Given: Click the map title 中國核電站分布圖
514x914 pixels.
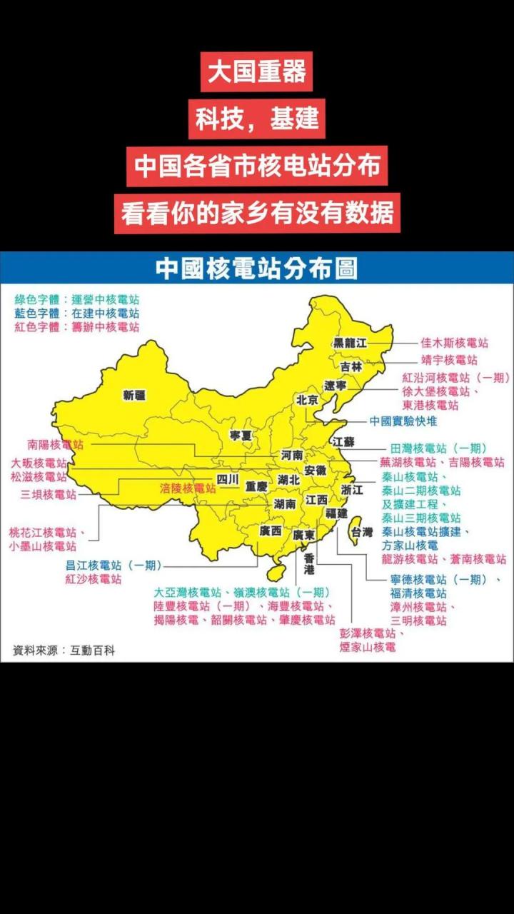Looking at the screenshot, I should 256,268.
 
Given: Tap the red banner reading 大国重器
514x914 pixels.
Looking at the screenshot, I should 256,71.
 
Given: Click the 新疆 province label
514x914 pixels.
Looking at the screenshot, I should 133,395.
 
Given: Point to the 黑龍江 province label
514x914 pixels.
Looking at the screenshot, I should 350,343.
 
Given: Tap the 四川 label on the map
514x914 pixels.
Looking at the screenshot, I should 228,480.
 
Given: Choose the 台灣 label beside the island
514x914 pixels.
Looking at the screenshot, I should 361,532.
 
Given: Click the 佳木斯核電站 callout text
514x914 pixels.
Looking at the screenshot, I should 454,343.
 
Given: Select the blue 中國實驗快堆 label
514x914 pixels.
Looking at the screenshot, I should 403,421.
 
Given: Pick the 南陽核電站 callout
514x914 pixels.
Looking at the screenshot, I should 56,444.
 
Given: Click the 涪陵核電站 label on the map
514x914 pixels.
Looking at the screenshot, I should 188,488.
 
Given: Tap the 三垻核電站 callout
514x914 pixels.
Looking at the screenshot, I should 48,494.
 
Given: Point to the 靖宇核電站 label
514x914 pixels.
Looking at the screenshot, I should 449,360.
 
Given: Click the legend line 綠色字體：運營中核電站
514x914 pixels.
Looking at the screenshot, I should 77,299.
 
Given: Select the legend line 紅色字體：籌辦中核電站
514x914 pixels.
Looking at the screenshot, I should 77,327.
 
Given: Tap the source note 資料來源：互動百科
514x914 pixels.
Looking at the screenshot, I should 64,651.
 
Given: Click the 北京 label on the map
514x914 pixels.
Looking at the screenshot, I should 307,400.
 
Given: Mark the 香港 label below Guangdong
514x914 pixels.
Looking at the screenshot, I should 308,563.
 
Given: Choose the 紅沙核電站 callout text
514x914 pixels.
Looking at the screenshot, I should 94,579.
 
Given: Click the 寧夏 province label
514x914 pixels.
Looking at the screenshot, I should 241,434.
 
